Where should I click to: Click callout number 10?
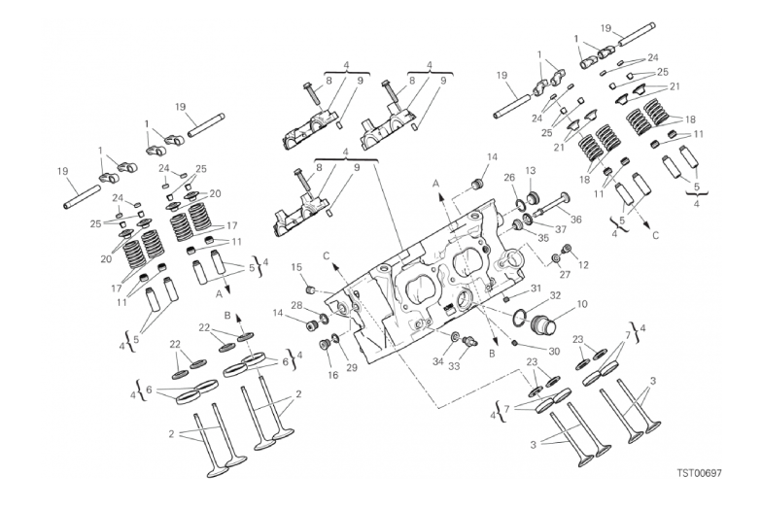[582, 304]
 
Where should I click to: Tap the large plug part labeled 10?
[544, 325]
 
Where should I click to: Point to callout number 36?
[575, 220]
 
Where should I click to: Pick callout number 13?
[530, 170]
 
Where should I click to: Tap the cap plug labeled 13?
[534, 197]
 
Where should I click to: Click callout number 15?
[296, 267]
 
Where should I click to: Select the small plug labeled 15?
[308, 290]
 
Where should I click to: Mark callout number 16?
[333, 375]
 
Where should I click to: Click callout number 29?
[353, 367]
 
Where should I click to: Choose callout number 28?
[297, 305]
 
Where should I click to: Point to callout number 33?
[454, 366]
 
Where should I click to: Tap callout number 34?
[438, 361]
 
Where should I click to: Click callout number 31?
[536, 288]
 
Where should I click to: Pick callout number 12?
[583, 265]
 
